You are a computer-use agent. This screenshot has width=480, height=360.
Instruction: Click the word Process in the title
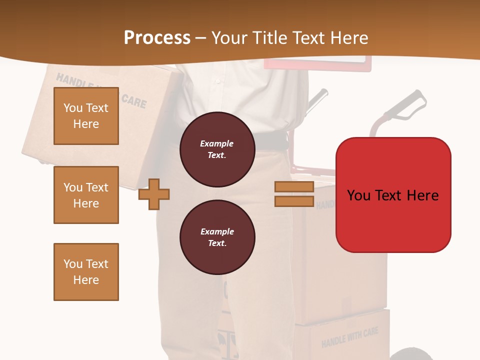(157, 37)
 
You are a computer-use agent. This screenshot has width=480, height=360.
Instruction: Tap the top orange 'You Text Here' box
(86, 116)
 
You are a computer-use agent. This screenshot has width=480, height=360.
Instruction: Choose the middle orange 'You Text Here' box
(86, 195)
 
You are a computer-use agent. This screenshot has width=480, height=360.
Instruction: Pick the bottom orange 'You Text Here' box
(86, 272)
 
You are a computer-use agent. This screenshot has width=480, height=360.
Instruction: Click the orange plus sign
(154, 193)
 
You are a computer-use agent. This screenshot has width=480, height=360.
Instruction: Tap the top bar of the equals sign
(294, 186)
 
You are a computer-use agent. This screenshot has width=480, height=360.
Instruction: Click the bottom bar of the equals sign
(294, 201)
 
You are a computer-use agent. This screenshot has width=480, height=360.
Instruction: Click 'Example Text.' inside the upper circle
(217, 149)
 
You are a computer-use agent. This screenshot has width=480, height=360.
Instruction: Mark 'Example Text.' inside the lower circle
(217, 237)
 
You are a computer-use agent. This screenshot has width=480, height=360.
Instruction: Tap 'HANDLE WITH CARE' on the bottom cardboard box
(349, 337)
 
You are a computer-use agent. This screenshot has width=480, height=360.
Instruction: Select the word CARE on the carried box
(134, 100)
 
